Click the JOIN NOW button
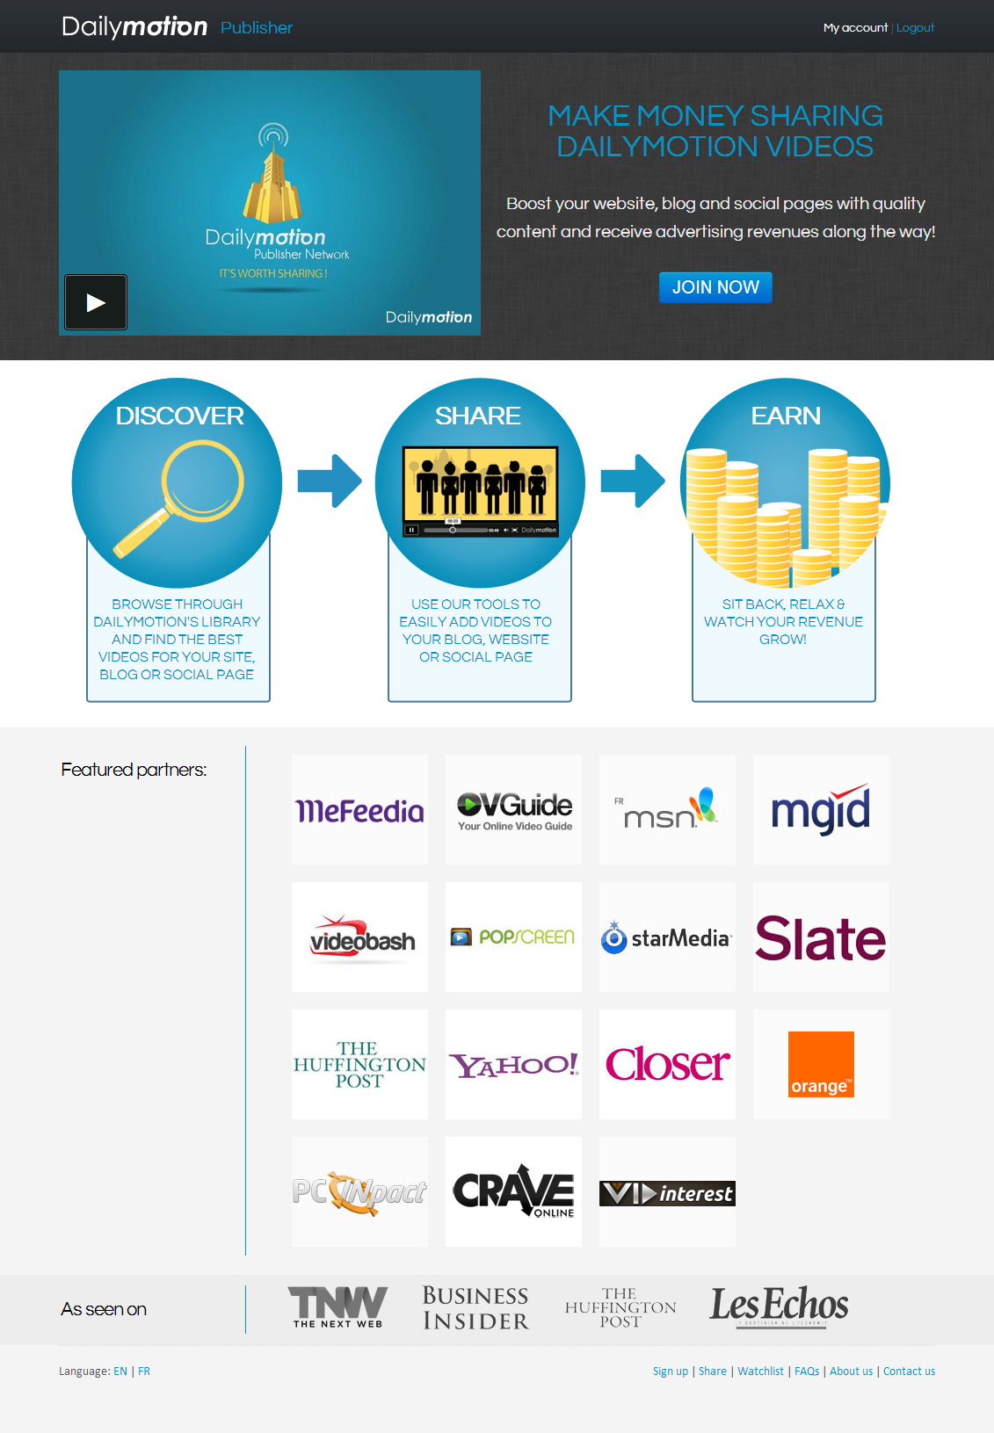[x=715, y=287]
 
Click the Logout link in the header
[x=915, y=28]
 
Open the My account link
[x=855, y=28]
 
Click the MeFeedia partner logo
[x=359, y=810]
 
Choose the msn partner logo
[x=667, y=810]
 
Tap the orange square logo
[x=821, y=1064]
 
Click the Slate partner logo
[x=821, y=938]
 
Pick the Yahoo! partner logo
[x=513, y=1065]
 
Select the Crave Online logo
[x=513, y=1192]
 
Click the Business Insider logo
[x=475, y=1308]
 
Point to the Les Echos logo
[x=780, y=1306]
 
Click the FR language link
[x=144, y=1371]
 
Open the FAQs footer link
[x=807, y=1371]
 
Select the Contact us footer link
[x=909, y=1371]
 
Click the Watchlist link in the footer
[x=760, y=1371]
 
